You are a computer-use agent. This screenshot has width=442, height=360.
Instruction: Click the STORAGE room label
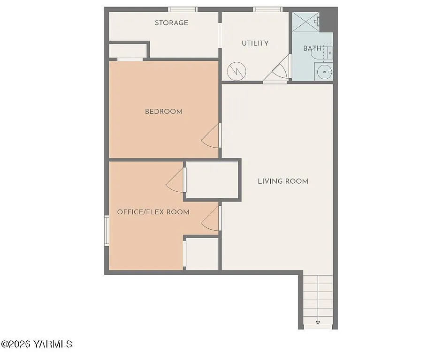[x=171, y=23]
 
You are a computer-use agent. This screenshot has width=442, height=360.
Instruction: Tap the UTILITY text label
[x=255, y=43]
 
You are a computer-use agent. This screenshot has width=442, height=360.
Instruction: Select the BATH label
[x=312, y=48]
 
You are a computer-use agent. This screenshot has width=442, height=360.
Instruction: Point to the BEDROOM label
[x=163, y=112]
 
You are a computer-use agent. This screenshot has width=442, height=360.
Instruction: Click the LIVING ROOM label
[x=283, y=181]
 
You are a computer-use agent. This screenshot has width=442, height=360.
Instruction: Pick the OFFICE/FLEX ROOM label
[x=153, y=212]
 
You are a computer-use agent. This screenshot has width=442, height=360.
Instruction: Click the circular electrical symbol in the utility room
[x=236, y=71]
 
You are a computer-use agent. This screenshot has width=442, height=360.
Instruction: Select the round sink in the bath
[x=324, y=72]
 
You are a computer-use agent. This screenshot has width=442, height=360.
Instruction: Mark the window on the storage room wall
[x=183, y=9]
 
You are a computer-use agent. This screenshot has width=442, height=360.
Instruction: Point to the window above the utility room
[x=267, y=9]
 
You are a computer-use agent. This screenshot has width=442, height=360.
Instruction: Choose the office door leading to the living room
[x=212, y=218]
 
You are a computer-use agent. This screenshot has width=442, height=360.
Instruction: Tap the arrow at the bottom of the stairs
[x=318, y=322]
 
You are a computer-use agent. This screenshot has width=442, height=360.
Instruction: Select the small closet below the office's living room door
[x=202, y=254]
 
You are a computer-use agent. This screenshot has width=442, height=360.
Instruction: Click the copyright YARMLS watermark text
[x=37, y=345]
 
